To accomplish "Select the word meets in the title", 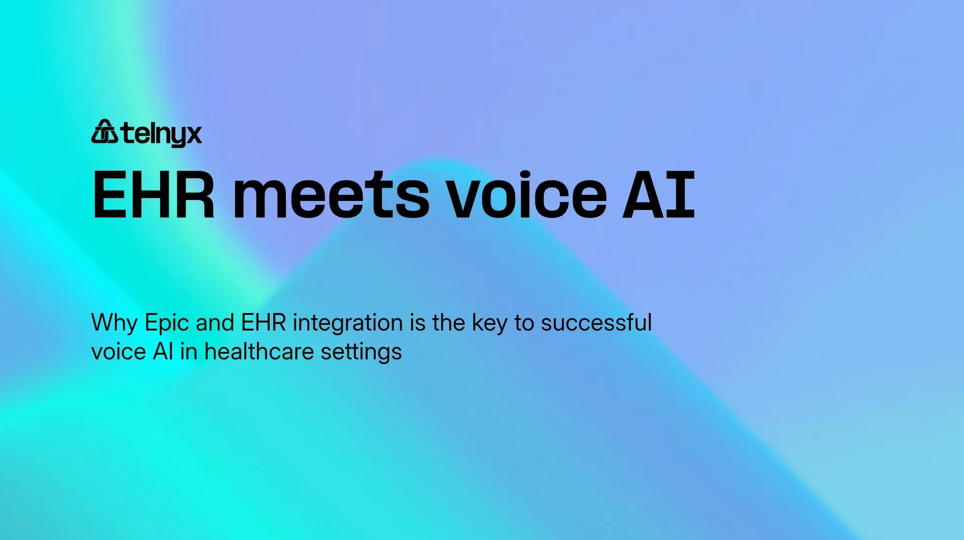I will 331,195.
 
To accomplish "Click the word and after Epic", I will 215,322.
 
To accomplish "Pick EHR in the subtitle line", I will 264,322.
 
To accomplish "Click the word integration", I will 348,323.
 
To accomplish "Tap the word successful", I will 596,322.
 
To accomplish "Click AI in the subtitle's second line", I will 163,352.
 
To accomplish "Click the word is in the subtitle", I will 418,322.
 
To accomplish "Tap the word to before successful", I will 524,323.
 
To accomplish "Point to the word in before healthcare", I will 189,352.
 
